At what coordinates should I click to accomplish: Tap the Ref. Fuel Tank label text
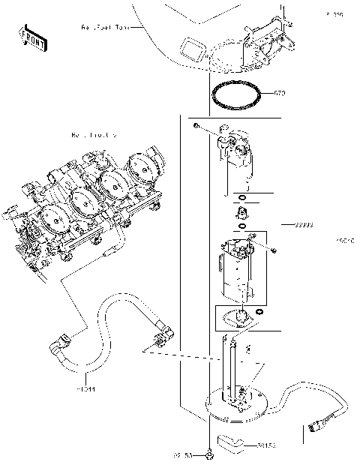coord(105,28)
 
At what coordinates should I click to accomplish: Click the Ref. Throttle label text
coord(93,136)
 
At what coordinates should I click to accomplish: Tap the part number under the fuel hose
coord(86,389)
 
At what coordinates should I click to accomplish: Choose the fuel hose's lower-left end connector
coord(58,349)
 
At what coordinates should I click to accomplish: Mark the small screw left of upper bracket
coord(195,127)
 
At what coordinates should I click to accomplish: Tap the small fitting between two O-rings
coord(242,214)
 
